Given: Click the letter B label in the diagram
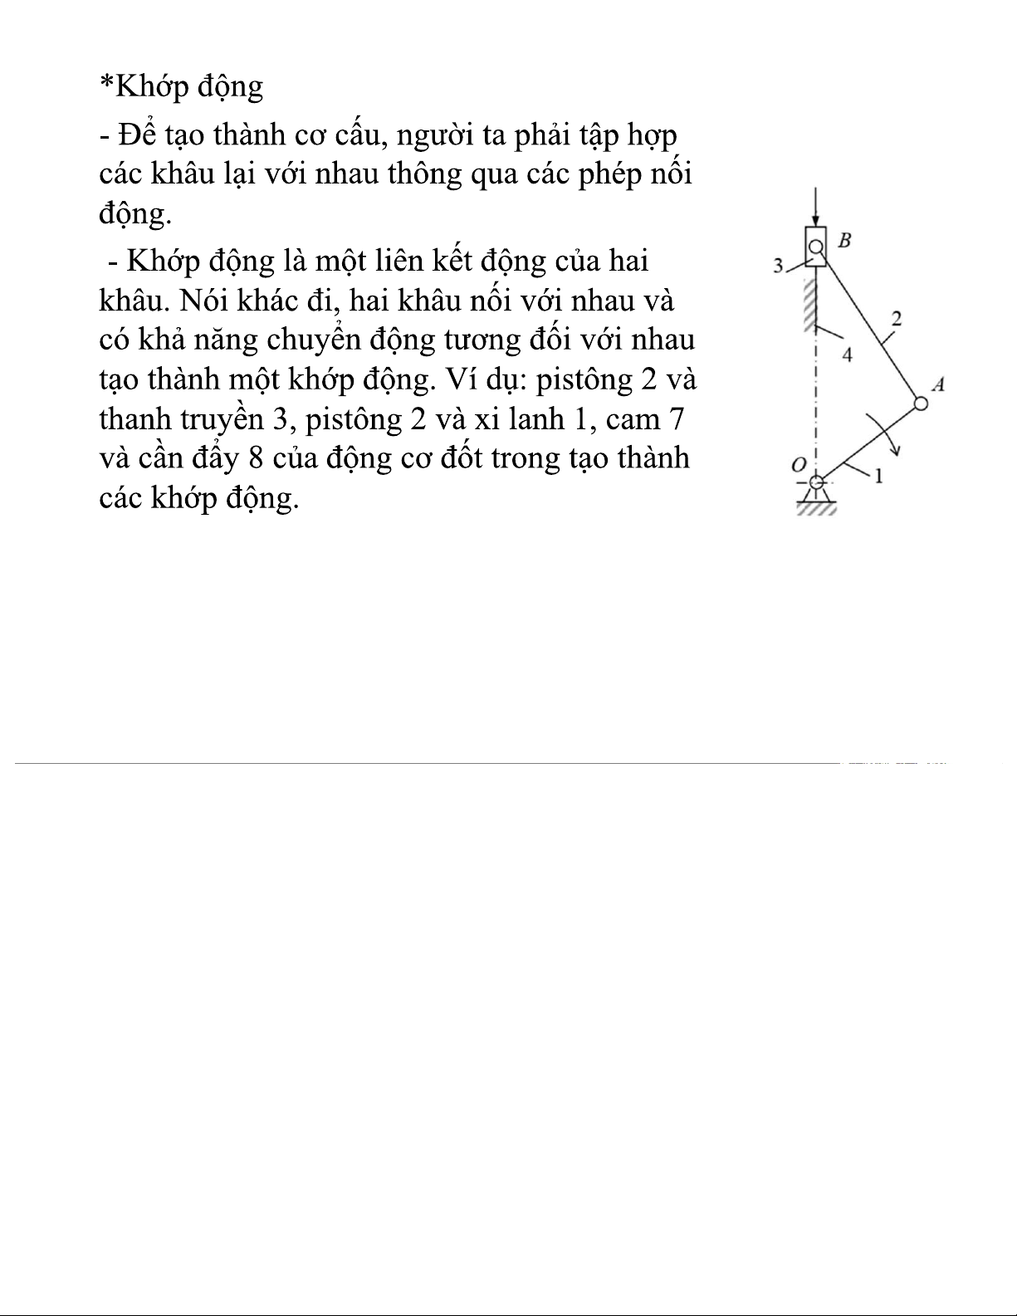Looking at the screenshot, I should pos(844,241).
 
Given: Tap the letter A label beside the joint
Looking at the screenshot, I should pos(939,384).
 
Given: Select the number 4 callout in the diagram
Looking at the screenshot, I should pos(847,355).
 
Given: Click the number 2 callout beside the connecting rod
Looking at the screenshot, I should pos(896,318).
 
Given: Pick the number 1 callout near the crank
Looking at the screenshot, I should pos(878,476).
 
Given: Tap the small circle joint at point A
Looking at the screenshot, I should pos(921,404).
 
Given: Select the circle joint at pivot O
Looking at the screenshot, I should pos(817,482).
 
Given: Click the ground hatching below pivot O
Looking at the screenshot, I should pos(816,509).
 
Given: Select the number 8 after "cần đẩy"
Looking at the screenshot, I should pos(256,459).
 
